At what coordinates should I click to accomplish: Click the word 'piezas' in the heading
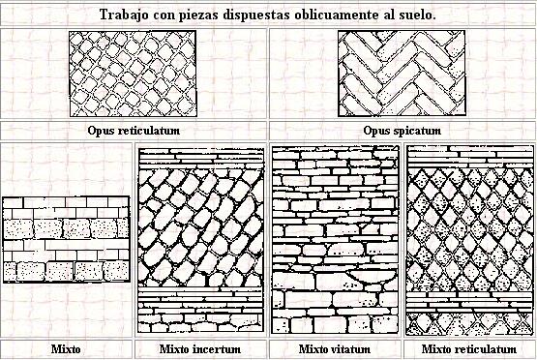[199, 15]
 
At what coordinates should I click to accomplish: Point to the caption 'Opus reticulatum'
[134, 131]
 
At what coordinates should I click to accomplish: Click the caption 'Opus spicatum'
[403, 131]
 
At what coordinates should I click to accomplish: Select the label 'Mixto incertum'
[200, 349]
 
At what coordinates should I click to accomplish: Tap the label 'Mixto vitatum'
[335, 349]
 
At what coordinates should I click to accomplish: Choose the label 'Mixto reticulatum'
[469, 349]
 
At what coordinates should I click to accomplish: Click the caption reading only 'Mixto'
[66, 349]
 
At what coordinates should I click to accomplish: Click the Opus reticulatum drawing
[133, 74]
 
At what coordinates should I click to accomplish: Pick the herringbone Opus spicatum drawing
[402, 74]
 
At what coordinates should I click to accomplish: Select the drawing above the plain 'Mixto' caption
[66, 239]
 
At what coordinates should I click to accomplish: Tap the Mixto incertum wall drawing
[200, 240]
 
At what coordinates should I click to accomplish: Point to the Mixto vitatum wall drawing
[336, 240]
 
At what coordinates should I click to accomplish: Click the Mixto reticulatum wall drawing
[470, 240]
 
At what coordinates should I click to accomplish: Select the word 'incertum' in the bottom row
[217, 349]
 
